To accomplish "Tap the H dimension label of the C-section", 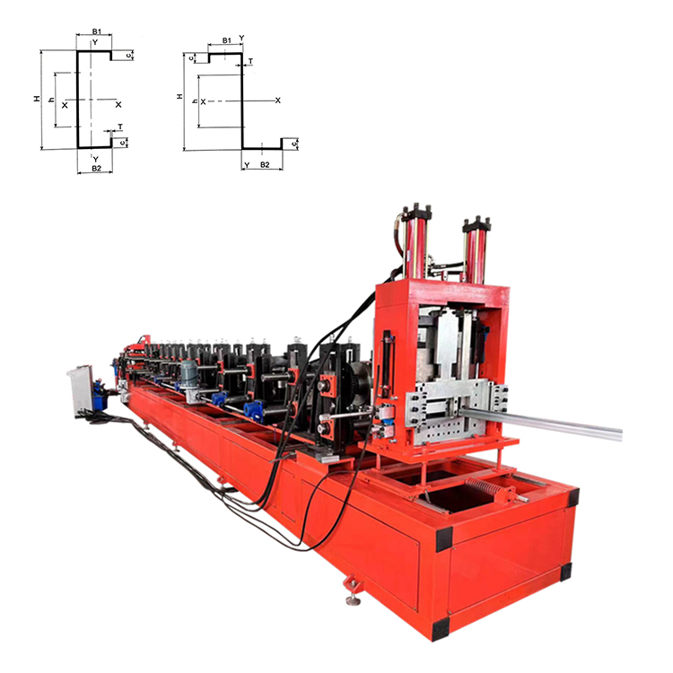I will point(37,100).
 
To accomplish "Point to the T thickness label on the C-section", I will point(119,127).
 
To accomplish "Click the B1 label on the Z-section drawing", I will point(227,40).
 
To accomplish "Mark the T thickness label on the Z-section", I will point(249,62).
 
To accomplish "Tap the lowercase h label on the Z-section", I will point(195,101).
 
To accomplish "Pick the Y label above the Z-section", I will point(241,39).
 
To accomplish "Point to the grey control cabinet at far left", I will point(85,388).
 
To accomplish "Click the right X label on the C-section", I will point(118,104).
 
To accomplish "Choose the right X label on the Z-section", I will point(278,101).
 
